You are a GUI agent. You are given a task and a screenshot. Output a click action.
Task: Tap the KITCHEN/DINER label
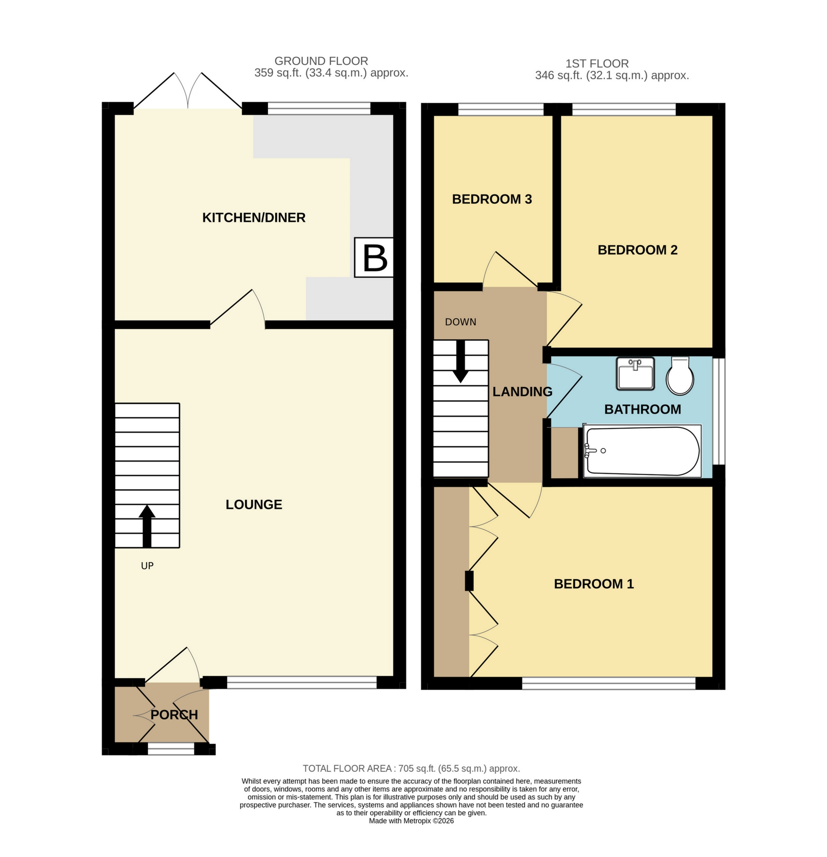(254, 217)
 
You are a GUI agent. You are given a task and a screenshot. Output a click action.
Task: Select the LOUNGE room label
(254, 504)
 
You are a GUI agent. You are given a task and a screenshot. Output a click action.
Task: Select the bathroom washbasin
(635, 373)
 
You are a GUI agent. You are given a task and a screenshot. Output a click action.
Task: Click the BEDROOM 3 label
(492, 199)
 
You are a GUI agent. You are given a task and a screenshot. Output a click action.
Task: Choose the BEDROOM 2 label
(637, 250)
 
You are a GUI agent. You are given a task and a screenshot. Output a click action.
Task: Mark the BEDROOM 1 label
(593, 584)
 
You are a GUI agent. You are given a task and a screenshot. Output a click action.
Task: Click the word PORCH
(174, 714)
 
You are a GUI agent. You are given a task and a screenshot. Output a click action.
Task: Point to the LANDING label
(522, 391)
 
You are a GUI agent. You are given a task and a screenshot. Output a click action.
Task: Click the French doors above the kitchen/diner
(188, 92)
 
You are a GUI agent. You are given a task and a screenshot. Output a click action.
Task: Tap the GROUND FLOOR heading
(321, 61)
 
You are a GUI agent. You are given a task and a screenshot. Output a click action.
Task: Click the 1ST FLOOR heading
(597, 63)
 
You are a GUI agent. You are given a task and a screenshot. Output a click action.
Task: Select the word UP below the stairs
(147, 566)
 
